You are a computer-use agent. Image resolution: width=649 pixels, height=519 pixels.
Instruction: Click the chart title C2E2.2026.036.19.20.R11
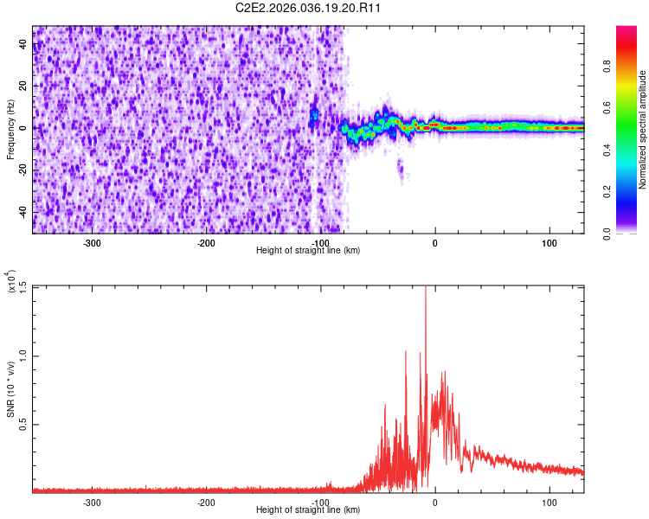pyautogui.click(x=309, y=9)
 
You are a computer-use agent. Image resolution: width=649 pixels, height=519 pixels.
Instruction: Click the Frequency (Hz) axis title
pyautogui.click(x=10, y=130)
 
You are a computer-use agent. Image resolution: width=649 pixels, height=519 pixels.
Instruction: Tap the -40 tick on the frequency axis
pyautogui.click(x=23, y=211)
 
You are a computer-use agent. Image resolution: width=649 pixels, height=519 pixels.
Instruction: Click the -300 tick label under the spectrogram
pyautogui.click(x=91, y=243)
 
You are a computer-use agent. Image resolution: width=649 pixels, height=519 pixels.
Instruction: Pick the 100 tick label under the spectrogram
pyautogui.click(x=549, y=243)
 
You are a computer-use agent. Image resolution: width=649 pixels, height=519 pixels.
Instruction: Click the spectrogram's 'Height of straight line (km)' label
pyautogui.click(x=308, y=250)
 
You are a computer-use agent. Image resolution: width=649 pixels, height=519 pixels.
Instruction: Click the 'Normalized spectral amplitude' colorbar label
pyautogui.click(x=643, y=131)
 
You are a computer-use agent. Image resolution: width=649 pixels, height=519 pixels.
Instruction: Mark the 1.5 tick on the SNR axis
pyautogui.click(x=23, y=286)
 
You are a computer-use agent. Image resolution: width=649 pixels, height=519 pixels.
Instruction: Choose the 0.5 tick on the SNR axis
pyautogui.click(x=23, y=424)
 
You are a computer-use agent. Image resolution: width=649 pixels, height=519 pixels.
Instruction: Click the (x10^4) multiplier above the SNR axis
pyautogui.click(x=11, y=282)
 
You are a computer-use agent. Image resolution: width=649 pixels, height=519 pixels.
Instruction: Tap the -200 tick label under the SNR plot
pyautogui.click(x=205, y=502)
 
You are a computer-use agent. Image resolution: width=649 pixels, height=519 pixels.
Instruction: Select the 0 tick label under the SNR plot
pyautogui.click(x=435, y=502)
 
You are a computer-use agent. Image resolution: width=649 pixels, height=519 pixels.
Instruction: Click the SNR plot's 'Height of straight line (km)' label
pyautogui.click(x=308, y=509)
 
